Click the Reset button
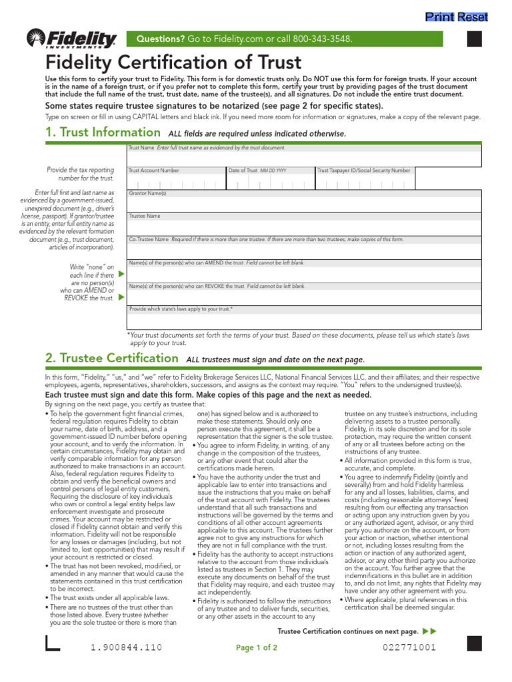point(472,17)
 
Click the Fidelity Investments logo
point(71,39)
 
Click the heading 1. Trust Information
point(103,133)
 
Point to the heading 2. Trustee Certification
point(111,359)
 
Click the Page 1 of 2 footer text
point(257,647)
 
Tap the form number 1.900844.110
point(126,647)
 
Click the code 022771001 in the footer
point(409,647)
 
